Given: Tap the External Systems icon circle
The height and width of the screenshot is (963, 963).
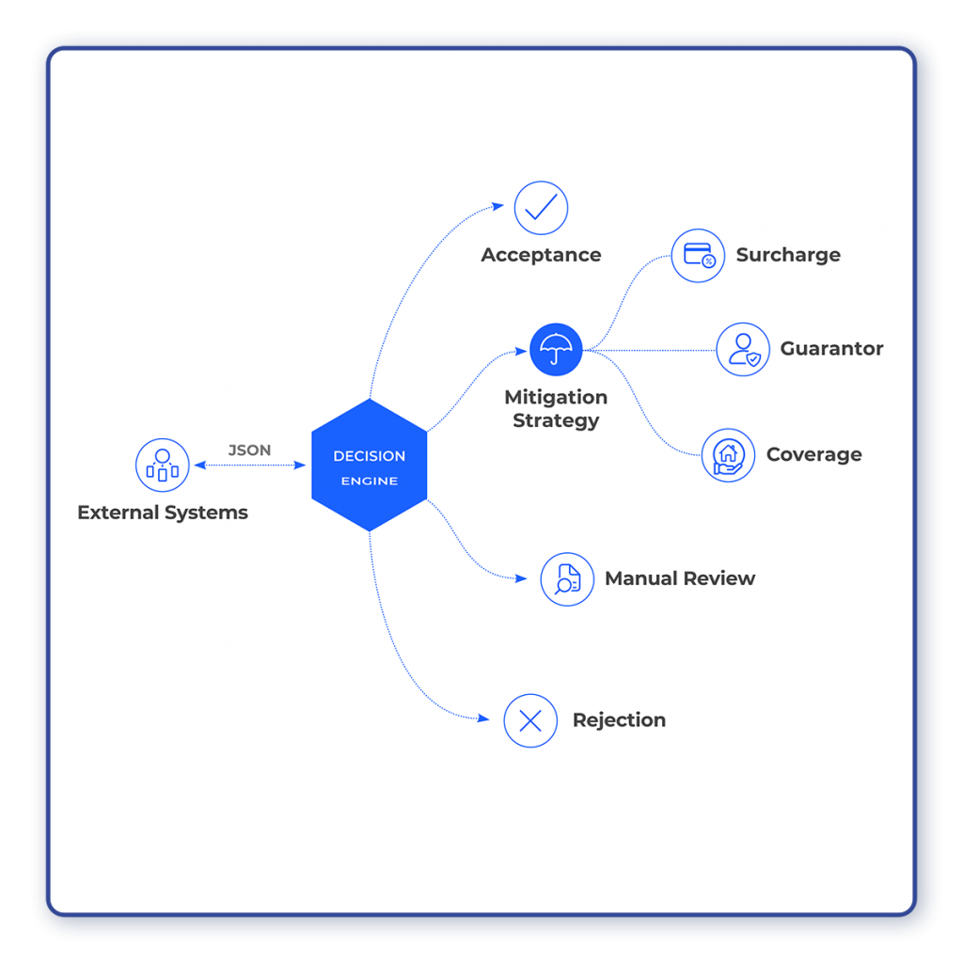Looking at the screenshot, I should click(x=163, y=465).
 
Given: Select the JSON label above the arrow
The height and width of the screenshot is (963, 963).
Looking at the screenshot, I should click(x=249, y=450).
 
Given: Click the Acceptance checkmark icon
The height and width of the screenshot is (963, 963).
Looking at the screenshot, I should click(x=541, y=208).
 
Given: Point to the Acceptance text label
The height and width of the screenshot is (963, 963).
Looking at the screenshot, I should click(x=541, y=255).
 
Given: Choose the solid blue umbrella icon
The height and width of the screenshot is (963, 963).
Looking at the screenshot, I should click(x=556, y=350).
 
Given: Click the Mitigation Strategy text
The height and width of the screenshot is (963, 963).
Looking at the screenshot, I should click(x=556, y=409).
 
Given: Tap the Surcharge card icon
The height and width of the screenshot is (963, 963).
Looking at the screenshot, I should click(x=698, y=255).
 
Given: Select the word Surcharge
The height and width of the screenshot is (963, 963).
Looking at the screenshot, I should click(x=788, y=255).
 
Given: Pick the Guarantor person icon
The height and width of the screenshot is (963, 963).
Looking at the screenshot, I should click(x=743, y=349).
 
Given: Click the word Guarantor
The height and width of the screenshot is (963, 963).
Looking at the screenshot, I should click(x=831, y=349).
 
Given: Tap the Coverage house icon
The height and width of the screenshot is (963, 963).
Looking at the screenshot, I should click(x=728, y=455).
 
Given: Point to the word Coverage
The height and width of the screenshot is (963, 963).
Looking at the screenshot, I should click(x=813, y=455).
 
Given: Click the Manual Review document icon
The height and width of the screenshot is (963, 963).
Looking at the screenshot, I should click(x=567, y=578).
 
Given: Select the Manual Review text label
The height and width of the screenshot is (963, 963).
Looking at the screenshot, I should click(x=680, y=578).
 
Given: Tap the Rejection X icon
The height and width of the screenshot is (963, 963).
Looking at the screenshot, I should click(x=530, y=720).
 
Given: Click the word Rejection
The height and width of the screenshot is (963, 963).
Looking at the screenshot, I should click(x=619, y=720).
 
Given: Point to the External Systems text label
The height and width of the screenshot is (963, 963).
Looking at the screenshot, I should click(x=163, y=513).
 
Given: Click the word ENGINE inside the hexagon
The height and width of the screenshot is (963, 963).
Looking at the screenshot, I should click(x=369, y=481).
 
